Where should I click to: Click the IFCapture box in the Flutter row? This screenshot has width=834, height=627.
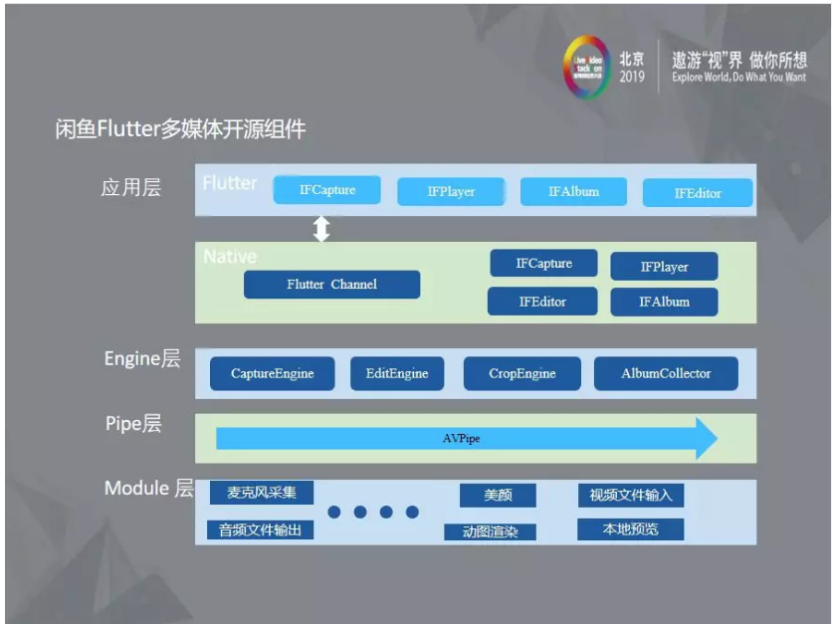[327, 190]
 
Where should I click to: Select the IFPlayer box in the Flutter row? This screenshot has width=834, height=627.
[451, 192]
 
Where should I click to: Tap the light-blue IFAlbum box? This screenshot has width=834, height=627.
[573, 191]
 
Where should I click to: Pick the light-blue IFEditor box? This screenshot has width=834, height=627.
[697, 193]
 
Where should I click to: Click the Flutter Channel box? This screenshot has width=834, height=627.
[331, 285]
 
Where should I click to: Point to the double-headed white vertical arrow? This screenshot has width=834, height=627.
[321, 229]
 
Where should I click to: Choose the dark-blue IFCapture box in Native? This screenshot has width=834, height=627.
[543, 264]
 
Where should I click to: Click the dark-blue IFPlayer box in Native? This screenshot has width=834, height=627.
[664, 267]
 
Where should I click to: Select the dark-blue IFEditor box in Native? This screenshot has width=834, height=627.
[542, 302]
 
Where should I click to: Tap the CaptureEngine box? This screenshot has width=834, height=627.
[273, 374]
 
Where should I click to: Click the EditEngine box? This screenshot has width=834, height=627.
[397, 374]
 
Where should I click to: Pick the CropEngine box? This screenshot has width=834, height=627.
[522, 374]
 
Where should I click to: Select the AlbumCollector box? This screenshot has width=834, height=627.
[666, 374]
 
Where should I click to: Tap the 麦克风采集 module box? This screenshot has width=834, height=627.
[262, 493]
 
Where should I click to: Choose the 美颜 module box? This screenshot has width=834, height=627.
[498, 496]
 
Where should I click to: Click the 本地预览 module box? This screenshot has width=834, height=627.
[630, 529]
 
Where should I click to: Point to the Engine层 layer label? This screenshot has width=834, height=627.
[142, 359]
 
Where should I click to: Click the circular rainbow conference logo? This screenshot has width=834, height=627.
[586, 67]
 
